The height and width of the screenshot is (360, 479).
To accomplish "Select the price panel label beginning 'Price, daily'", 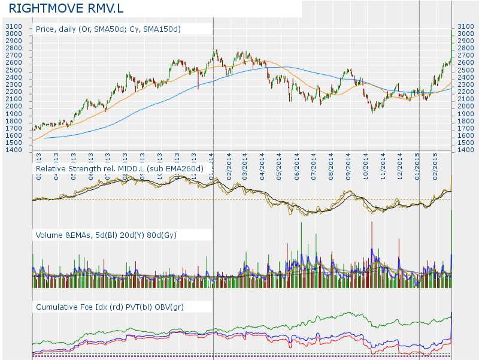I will [108, 29].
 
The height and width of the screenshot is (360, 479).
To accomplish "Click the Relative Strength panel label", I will [120, 170].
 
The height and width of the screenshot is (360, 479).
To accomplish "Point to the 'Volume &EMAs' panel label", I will [105, 235].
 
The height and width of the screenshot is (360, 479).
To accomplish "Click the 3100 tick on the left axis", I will [14, 27].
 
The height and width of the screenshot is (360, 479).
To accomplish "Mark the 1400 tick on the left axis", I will [14, 150].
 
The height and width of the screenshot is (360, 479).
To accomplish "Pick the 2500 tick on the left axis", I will [14, 71].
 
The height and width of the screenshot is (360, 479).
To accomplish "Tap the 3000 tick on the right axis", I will [465, 34].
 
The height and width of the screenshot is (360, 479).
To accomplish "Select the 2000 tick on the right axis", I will [465, 107].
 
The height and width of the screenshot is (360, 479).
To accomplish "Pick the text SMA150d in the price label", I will [162, 29].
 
